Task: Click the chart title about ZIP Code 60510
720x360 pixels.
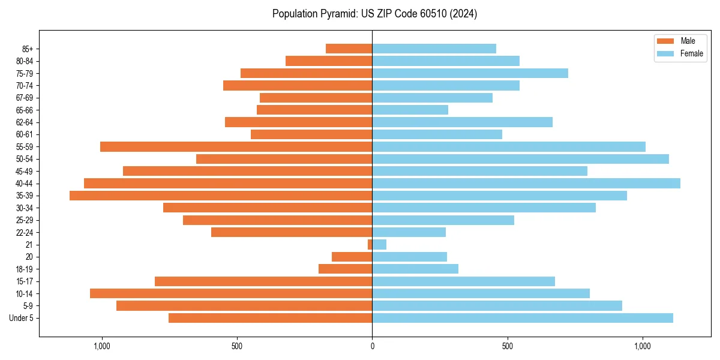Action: point(374,14)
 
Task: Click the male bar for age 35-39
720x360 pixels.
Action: point(221,196)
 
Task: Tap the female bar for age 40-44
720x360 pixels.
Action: point(526,183)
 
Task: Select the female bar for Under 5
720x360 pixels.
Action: point(523,318)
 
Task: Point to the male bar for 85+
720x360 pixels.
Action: point(349,49)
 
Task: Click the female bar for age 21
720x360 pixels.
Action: point(379,245)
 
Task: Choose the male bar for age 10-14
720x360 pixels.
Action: point(231,293)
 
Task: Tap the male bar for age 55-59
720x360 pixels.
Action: point(236,146)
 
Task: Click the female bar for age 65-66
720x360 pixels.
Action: point(410,110)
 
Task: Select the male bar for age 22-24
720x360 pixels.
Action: point(292,232)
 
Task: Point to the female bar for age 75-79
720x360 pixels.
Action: point(470,73)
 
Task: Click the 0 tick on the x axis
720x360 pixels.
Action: point(372,346)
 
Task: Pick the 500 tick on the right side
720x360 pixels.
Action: point(508,346)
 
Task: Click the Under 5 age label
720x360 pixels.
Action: point(21,318)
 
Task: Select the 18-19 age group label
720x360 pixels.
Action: point(25,269)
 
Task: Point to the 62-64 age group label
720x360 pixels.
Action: point(25,122)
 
